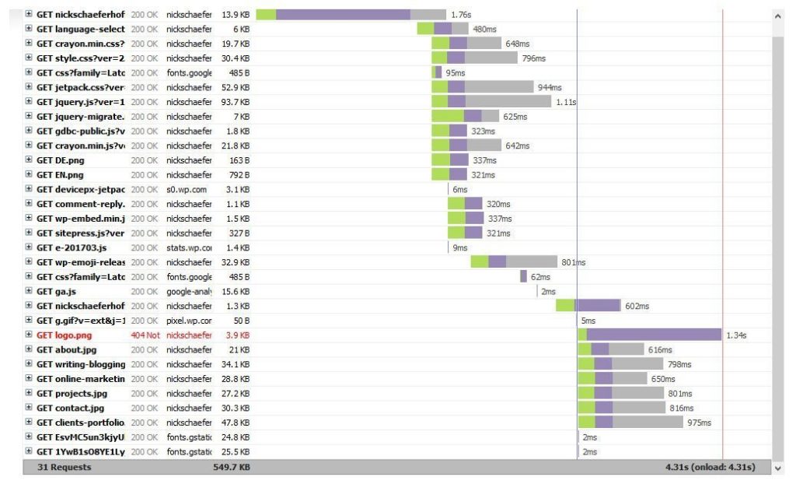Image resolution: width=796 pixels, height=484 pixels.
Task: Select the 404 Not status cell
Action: click(145, 335)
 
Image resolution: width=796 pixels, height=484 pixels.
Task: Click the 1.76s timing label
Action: click(461, 15)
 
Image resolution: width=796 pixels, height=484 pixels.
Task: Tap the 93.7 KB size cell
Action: click(236, 102)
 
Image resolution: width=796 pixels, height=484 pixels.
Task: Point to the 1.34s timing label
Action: click(736, 335)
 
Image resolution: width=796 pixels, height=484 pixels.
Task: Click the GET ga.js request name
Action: click(56, 292)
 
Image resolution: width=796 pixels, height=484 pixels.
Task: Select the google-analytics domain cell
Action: click(188, 292)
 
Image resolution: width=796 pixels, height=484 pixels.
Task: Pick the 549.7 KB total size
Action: click(231, 467)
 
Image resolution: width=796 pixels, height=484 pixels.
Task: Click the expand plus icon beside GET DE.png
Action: click(29, 160)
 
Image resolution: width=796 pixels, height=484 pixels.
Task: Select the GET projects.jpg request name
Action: click(70, 394)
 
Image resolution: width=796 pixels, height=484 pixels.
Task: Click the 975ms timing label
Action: click(700, 423)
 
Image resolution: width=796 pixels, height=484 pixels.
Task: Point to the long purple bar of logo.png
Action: click(654, 335)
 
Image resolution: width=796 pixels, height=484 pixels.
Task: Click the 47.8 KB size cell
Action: click(236, 423)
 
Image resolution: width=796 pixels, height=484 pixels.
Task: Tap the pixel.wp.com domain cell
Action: click(188, 321)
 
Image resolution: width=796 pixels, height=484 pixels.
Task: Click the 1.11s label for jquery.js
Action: click(566, 102)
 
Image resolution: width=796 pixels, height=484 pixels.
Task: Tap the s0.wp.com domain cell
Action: click(187, 190)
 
